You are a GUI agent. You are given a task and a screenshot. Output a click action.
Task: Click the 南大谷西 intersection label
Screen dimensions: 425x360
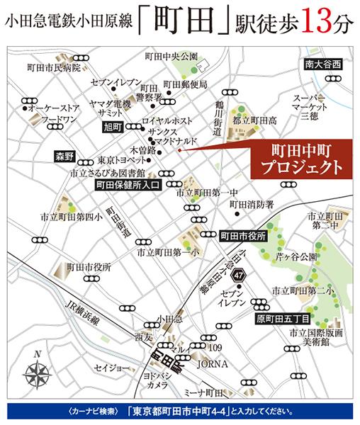(323, 64)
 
